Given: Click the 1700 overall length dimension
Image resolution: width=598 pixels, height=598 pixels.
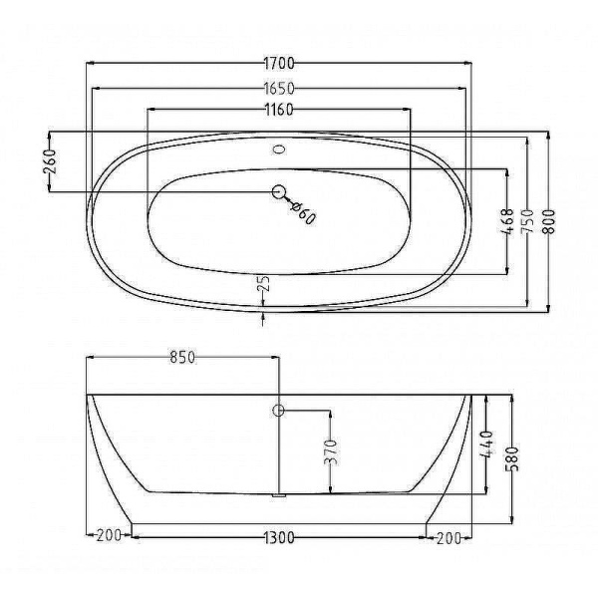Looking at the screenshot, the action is pyautogui.click(x=279, y=64).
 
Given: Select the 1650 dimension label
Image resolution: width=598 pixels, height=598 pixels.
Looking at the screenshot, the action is pyautogui.click(x=279, y=89).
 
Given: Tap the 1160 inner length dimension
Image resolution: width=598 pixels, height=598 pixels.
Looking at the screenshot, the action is pyautogui.click(x=279, y=110).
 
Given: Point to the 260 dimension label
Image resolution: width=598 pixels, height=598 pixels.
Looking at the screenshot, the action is pyautogui.click(x=50, y=161).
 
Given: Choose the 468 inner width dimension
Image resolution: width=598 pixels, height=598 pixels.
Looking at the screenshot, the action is pyautogui.click(x=507, y=222).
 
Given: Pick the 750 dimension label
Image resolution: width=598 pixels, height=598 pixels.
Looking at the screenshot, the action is pyautogui.click(x=528, y=222).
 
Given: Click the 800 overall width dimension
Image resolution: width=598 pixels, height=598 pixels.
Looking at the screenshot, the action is pyautogui.click(x=549, y=222).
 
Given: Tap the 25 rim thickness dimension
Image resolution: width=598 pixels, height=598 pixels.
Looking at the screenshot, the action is pyautogui.click(x=264, y=284).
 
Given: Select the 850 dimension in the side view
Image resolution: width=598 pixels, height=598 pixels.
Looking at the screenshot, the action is pyautogui.click(x=182, y=358).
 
